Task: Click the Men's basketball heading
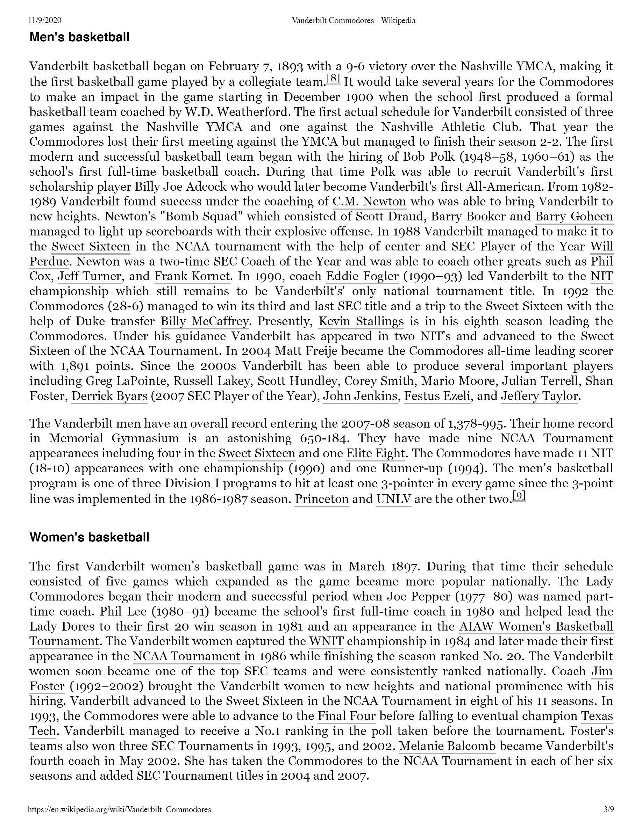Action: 79,37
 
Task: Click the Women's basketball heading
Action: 90,537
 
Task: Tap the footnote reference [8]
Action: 334,79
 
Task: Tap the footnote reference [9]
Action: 519,496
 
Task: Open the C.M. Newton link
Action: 369,202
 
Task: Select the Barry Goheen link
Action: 574,216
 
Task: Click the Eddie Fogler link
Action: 362,276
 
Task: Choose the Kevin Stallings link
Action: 361,321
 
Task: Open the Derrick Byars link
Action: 109,396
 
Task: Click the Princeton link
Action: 322,498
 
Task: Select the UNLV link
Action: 394,498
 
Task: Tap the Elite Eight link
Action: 375,453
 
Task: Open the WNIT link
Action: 326,641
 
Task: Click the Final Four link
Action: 347,716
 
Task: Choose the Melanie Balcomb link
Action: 447,746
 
